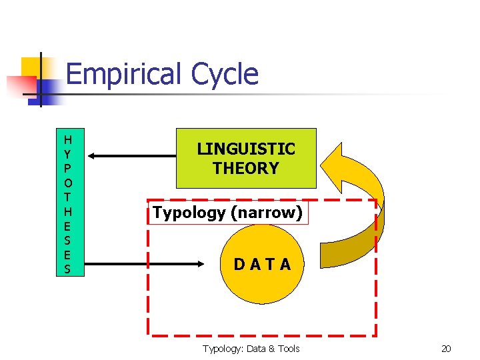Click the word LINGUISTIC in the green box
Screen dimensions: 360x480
[246, 149]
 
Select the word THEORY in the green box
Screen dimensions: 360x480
[246, 168]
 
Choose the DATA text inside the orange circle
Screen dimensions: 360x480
[262, 265]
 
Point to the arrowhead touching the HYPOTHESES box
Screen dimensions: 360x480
[92, 156]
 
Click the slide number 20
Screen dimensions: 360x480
[446, 349]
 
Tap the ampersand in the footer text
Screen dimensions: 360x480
[268, 349]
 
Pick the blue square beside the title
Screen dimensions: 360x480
[51, 90]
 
